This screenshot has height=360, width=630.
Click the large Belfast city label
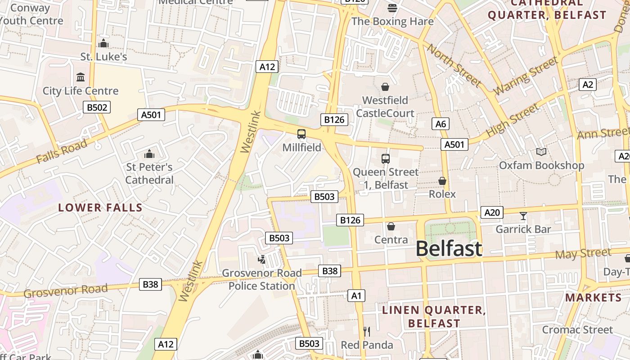(x=449, y=248)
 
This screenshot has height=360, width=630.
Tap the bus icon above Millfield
(x=301, y=134)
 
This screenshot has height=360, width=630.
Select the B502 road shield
(x=97, y=107)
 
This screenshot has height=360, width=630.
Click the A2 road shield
(x=588, y=85)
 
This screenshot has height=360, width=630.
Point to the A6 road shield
(x=440, y=124)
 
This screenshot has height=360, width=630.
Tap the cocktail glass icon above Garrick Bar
(x=523, y=216)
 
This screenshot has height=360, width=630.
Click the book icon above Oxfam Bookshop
(x=541, y=152)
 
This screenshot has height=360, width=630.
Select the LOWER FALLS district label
(x=100, y=208)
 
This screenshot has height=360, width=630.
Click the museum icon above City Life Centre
(x=81, y=77)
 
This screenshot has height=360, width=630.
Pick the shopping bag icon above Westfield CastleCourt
(x=385, y=87)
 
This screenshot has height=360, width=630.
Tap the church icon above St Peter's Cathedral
(x=149, y=154)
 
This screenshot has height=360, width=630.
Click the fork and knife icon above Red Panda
(x=367, y=332)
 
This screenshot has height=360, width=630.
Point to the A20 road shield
(x=492, y=212)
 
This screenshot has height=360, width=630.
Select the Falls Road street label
(x=62, y=152)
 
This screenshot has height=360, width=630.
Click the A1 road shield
(x=356, y=296)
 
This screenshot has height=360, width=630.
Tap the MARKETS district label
(x=593, y=297)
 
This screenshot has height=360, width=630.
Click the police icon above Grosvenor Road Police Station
(x=261, y=259)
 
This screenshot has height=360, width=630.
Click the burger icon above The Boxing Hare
(x=392, y=8)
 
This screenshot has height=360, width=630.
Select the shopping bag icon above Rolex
(x=442, y=181)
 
